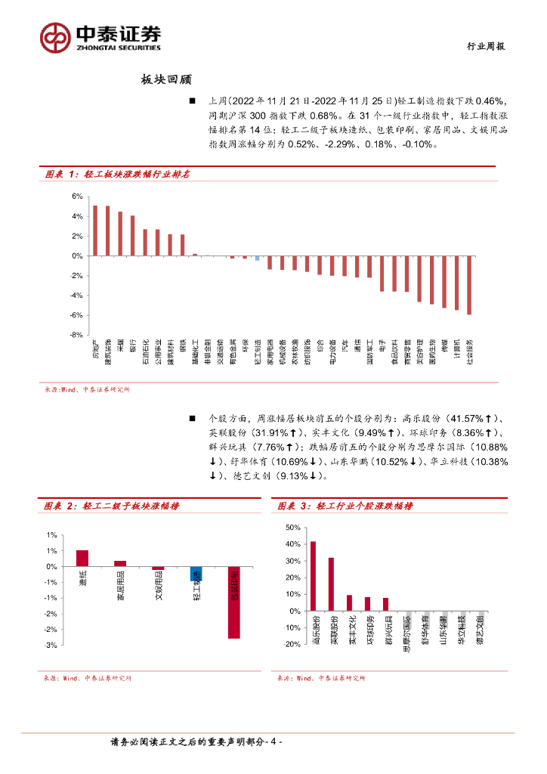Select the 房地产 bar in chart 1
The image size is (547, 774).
[x=94, y=231]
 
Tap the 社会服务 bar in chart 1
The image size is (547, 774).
[x=469, y=285]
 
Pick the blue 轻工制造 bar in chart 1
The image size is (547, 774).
[x=257, y=259]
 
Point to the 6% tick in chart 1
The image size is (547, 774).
[x=76, y=197]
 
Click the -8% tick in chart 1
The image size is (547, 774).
[x=76, y=335]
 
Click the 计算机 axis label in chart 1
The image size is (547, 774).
[x=456, y=354]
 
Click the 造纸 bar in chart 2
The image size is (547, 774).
[x=82, y=558]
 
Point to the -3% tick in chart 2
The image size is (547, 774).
[x=51, y=646]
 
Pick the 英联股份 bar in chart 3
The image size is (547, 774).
[x=331, y=584]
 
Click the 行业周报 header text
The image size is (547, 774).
[x=484, y=46]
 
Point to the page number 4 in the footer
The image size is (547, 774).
[x=274, y=744]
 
